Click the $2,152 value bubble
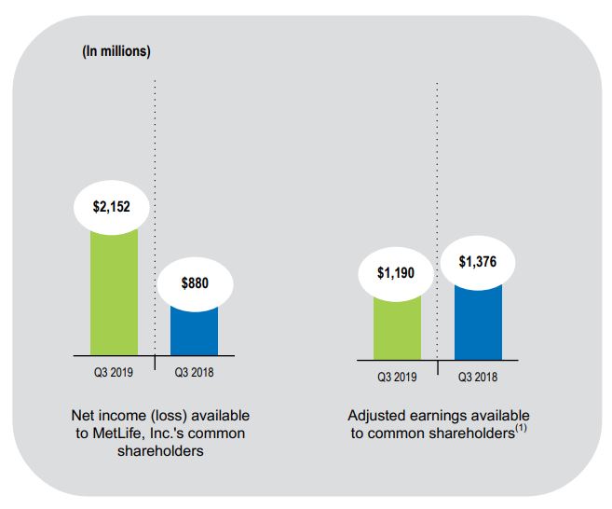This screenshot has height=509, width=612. (x=114, y=206)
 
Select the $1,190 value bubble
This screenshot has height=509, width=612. (x=397, y=273)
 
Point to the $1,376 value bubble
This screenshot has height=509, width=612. (x=478, y=262)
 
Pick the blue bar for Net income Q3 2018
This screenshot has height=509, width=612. (x=195, y=331)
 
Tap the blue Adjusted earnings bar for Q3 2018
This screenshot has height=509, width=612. (x=478, y=322)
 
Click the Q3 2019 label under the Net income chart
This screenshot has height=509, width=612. (x=114, y=373)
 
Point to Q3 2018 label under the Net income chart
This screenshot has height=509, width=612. (x=195, y=373)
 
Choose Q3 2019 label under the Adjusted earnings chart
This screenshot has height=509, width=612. (x=397, y=378)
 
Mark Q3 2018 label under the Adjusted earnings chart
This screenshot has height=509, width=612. (x=478, y=378)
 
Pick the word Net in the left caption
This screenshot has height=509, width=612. (x=83, y=415)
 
